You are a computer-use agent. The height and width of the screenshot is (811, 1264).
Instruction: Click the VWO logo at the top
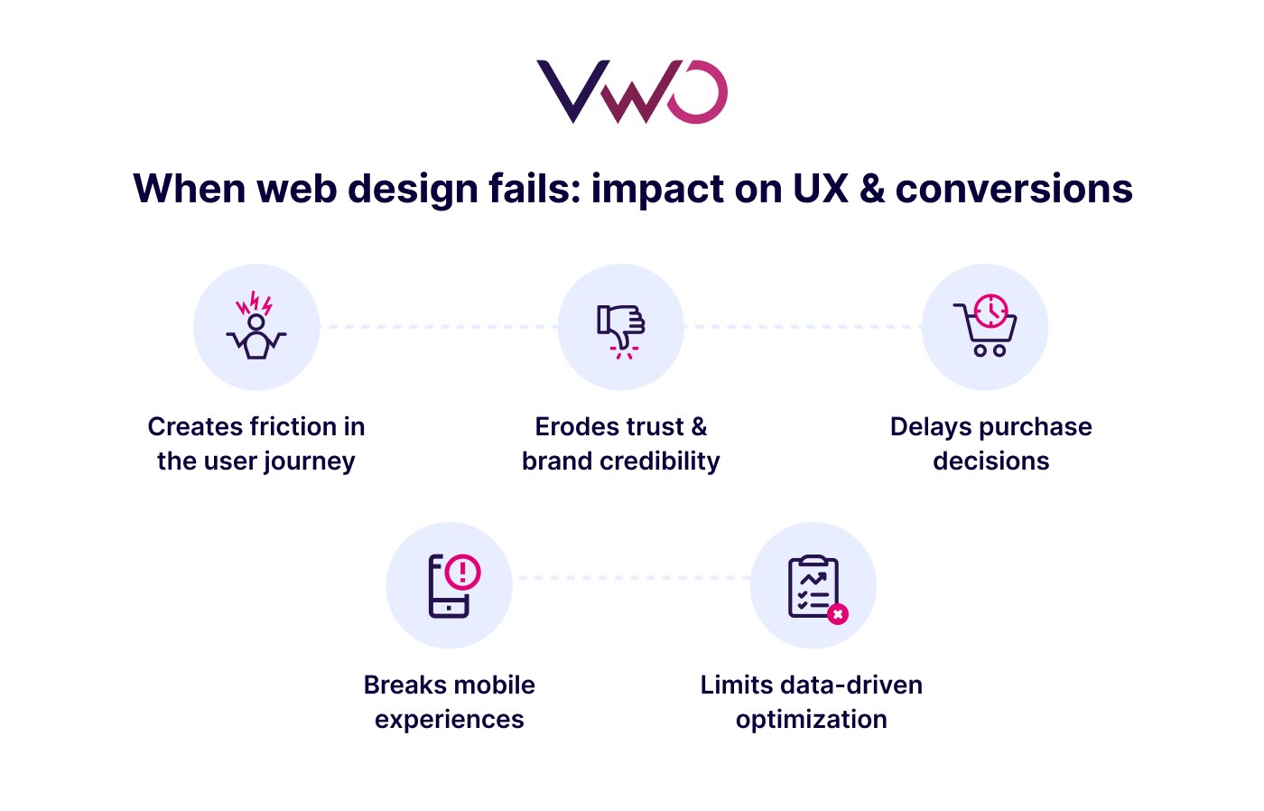coord(632,91)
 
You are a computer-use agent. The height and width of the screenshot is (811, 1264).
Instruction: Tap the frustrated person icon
coord(256,327)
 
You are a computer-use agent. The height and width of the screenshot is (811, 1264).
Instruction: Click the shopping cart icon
coord(985,327)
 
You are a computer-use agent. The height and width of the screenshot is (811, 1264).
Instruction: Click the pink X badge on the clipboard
coord(838,614)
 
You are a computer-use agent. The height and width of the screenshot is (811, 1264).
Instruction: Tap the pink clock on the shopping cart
coord(991,310)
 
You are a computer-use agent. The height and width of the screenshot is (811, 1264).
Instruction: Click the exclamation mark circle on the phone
coord(463,571)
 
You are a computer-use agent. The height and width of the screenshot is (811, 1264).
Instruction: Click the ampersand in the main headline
coord(872,189)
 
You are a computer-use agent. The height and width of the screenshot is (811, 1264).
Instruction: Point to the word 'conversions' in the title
coord(1014,189)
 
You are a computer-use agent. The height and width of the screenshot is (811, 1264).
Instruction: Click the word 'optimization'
coord(812,719)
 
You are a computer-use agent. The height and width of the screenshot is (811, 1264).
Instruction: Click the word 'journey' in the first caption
coord(312,461)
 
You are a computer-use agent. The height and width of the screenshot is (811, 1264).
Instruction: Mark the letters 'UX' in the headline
coord(821,189)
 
